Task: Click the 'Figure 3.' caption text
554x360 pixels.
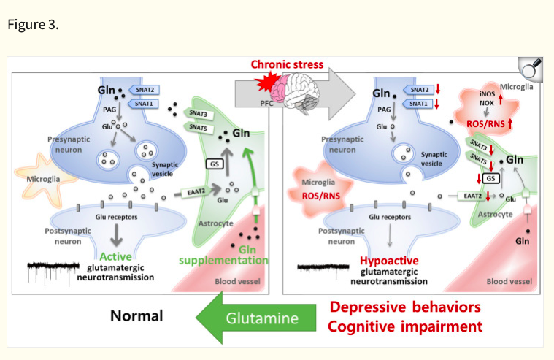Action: point(33,24)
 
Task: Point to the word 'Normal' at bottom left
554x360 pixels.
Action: point(136,316)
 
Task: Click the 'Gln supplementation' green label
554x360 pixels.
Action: point(231,255)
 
